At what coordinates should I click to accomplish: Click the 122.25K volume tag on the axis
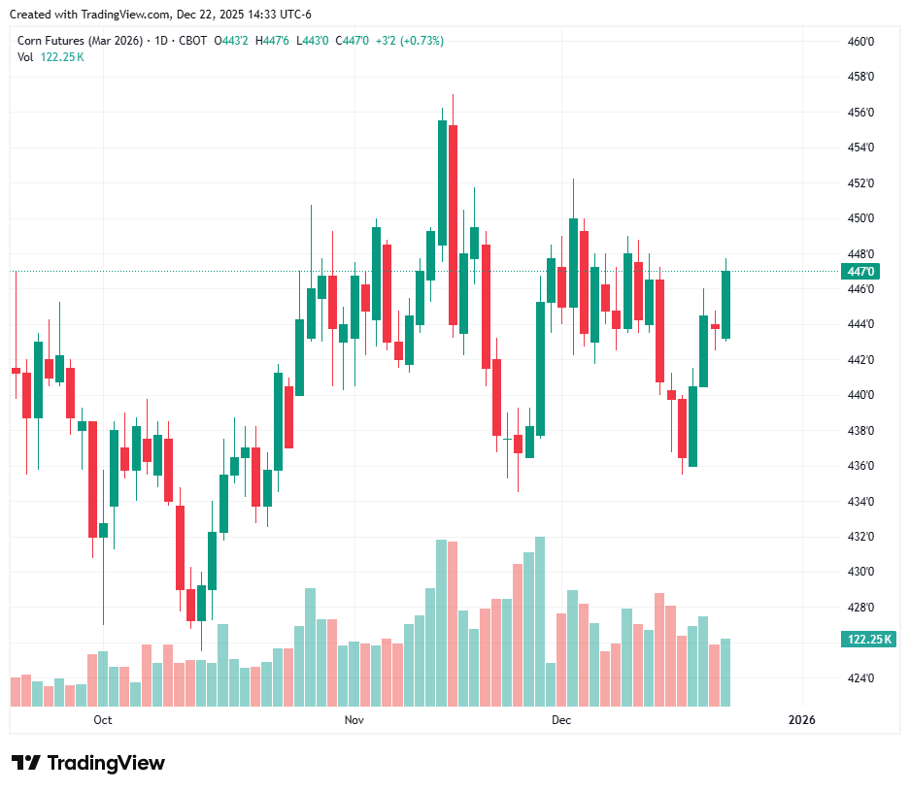tap(869, 640)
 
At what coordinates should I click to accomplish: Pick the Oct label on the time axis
tap(103, 720)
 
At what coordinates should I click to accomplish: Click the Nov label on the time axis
tap(354, 720)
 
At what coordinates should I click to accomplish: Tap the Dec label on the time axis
tap(561, 720)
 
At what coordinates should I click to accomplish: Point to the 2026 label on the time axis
tap(801, 720)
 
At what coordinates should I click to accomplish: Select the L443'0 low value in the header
tap(314, 41)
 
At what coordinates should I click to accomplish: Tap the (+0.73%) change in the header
tap(423, 41)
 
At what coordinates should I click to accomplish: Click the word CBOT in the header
tap(193, 41)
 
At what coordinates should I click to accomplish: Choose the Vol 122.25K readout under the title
tap(51, 56)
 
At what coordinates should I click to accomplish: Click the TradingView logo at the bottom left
tap(87, 763)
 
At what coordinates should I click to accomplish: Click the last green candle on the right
tap(725, 305)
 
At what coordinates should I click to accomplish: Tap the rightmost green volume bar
tap(725, 673)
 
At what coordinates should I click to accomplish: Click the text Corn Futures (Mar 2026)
tap(80, 41)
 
